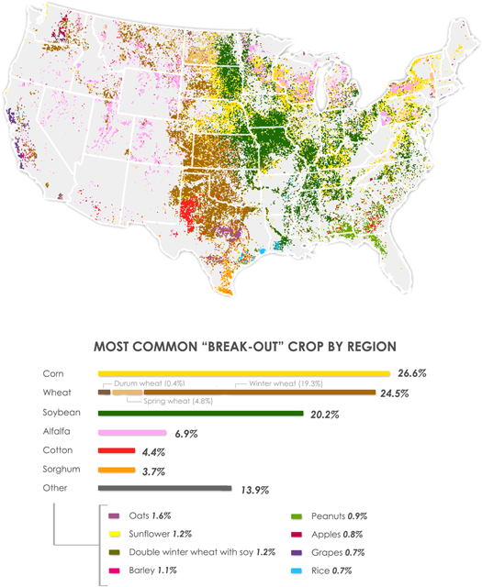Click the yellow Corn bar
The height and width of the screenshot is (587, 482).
[x=243, y=373]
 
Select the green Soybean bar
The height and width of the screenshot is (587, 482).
[x=200, y=413]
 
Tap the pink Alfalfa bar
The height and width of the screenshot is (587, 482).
[x=132, y=432]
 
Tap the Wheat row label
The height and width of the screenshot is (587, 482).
[x=57, y=393]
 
